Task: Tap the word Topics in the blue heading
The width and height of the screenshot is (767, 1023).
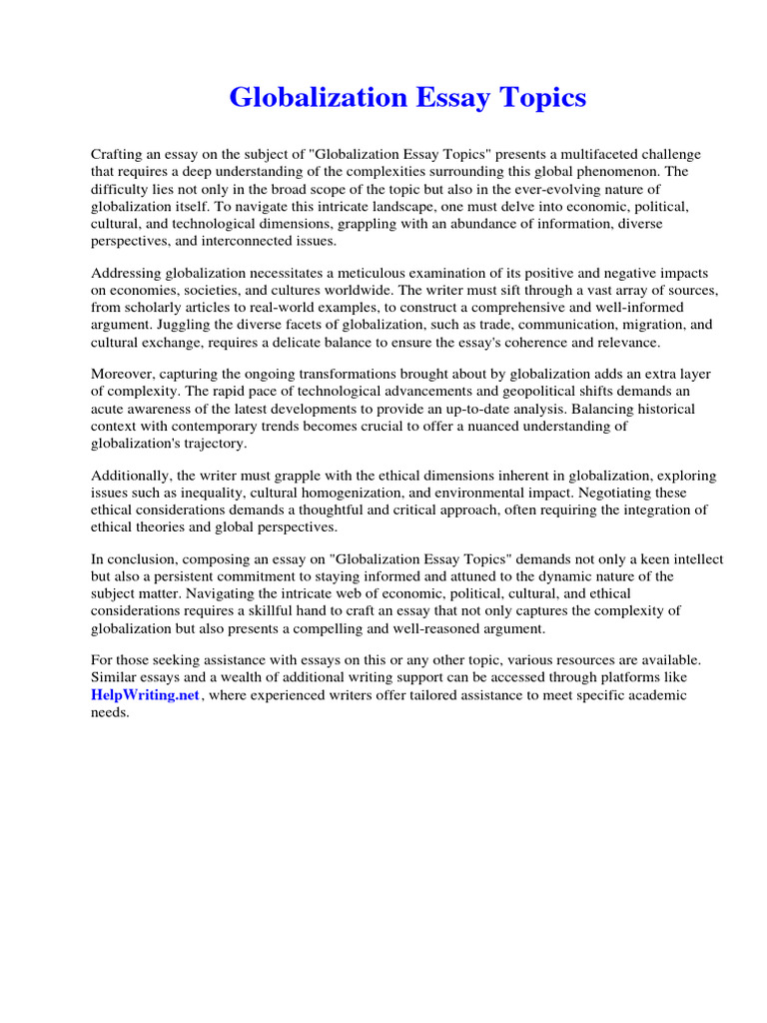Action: tap(538, 98)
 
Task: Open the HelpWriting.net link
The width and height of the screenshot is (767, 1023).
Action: tap(132, 695)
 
